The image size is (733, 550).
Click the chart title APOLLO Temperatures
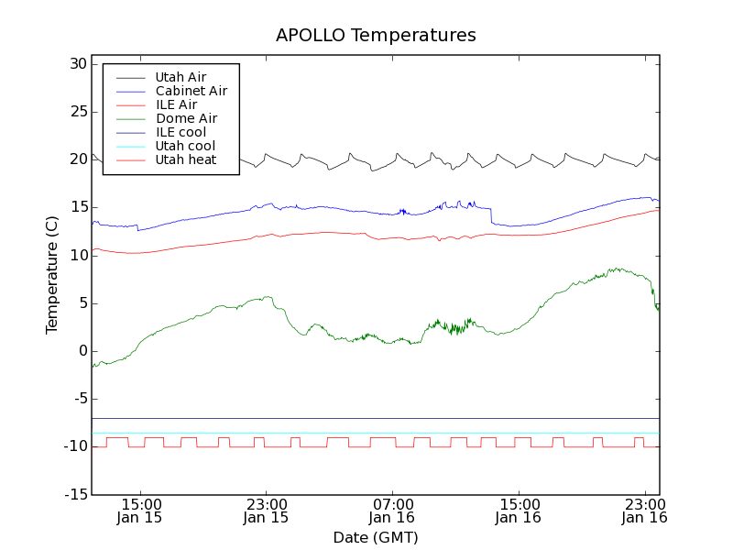[376, 36]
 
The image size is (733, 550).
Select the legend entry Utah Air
[181, 77]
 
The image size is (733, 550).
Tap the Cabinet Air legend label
[191, 91]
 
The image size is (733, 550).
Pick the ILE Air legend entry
[176, 104]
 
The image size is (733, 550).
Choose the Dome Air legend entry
[186, 118]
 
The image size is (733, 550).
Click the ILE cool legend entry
[181, 132]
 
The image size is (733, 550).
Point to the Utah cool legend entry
[185, 146]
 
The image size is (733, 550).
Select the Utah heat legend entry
[185, 159]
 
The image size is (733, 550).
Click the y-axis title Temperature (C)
[52, 275]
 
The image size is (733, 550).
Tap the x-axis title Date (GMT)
[376, 537]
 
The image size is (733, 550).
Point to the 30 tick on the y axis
[77, 64]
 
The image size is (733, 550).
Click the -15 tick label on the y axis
[73, 495]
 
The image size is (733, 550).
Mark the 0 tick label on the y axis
[82, 351]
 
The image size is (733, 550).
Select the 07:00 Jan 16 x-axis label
[392, 511]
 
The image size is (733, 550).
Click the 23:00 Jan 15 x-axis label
[266, 511]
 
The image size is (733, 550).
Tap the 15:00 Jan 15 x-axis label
[140, 511]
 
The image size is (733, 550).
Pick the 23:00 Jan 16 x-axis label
[645, 511]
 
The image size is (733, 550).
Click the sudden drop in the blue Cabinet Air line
[491, 215]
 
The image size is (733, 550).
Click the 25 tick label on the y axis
[77, 112]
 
